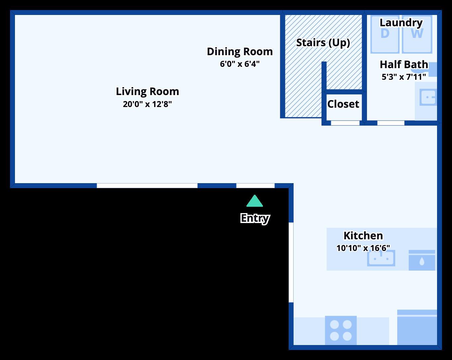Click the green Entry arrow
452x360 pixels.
coord(255,201)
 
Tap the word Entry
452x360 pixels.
coord(255,218)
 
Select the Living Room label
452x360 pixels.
coord(147,91)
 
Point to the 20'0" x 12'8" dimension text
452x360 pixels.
coord(147,104)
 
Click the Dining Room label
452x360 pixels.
coord(240,52)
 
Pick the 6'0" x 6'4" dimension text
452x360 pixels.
coord(240,64)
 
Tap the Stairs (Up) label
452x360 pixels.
coord(323,43)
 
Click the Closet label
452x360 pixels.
coord(343,104)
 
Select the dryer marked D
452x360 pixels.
coord(385,34)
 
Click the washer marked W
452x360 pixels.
coord(417,34)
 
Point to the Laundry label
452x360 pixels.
coord(401,23)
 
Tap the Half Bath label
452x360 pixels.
coord(404,64)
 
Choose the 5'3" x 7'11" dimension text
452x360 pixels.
coord(404,77)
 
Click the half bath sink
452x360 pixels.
coord(428,97)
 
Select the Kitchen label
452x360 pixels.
coord(363,236)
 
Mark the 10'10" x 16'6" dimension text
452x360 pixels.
coord(363,248)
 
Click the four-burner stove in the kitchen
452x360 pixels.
coord(341,330)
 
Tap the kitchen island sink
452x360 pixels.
coord(381,258)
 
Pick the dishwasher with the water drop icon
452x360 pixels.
coord(422,260)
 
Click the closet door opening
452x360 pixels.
coord(345,123)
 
